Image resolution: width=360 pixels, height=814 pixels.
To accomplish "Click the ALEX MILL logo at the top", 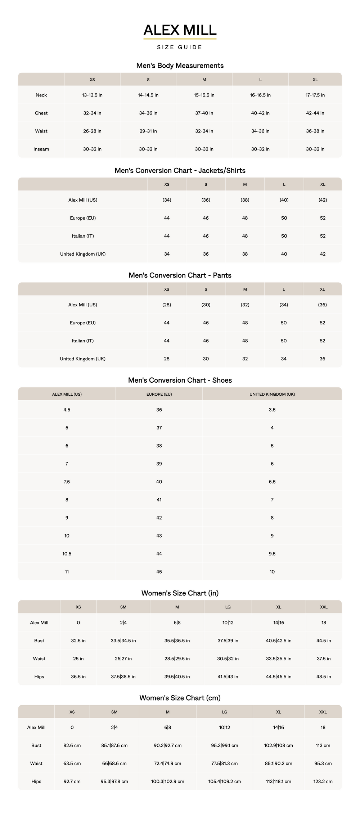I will click(x=180, y=31).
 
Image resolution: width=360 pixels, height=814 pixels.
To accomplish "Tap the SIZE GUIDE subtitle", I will click(x=180, y=47).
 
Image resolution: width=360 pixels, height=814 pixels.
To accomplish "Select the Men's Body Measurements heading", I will click(x=180, y=66).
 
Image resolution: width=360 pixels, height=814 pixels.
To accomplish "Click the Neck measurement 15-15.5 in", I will click(x=204, y=95).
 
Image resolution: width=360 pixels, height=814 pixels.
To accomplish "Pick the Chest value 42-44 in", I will click(x=315, y=113).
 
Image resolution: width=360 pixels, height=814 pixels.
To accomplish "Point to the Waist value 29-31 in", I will click(x=148, y=131).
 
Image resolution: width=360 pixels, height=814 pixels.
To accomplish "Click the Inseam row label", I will click(x=41, y=149).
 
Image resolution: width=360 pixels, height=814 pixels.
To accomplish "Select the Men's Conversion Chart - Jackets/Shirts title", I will click(x=180, y=170).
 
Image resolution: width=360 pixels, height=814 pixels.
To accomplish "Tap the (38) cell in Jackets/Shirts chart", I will click(x=245, y=200).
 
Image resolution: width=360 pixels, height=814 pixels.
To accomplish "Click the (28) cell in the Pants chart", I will click(x=167, y=305).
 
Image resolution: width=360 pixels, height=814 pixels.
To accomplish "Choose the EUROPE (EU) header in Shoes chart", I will click(x=159, y=394).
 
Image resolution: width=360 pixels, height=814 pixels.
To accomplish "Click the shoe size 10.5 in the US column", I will click(x=67, y=554).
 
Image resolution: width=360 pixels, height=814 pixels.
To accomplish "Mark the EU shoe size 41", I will click(x=159, y=500).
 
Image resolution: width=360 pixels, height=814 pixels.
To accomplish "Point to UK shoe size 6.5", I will click(x=272, y=482).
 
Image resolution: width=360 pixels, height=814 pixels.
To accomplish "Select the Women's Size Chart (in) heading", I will click(x=180, y=593).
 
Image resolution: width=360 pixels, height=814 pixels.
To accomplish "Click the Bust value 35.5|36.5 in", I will click(x=177, y=640).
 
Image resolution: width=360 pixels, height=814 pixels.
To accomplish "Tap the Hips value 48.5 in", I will click(x=324, y=676).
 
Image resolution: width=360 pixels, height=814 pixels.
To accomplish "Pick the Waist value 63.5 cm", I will click(x=72, y=763).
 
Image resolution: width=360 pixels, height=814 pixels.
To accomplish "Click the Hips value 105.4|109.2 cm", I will click(x=225, y=781).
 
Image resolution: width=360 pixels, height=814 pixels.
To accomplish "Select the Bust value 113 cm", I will click(x=323, y=745).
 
